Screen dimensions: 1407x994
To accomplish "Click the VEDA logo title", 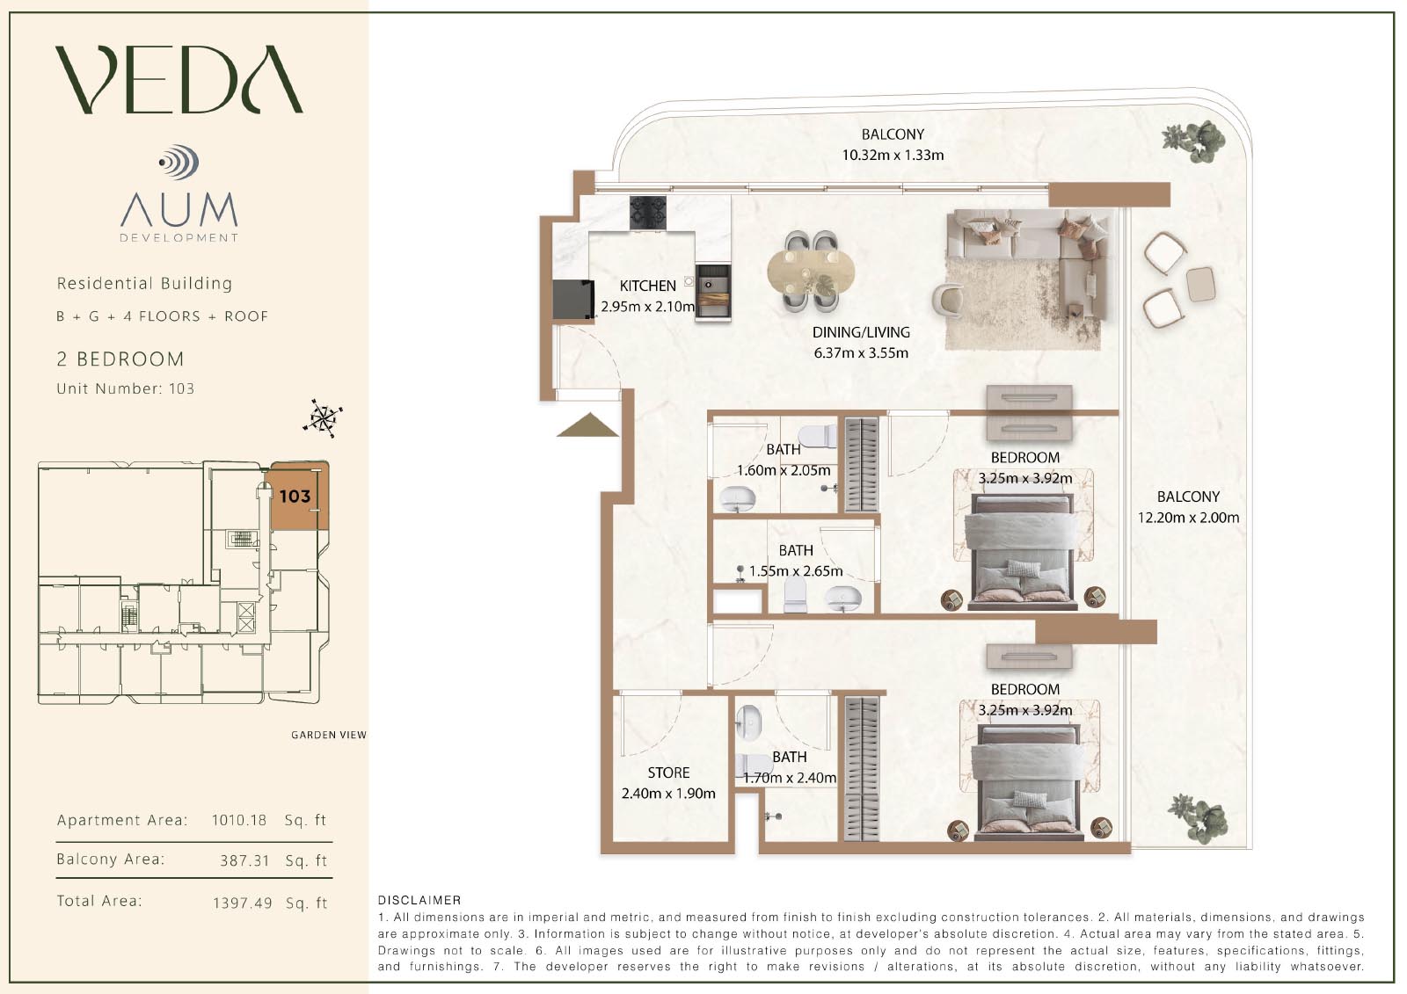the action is [x=179, y=79].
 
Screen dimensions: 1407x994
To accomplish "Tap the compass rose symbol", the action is [x=323, y=418].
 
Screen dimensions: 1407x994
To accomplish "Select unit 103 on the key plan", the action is [x=295, y=496].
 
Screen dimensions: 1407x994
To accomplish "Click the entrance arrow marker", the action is [x=587, y=424].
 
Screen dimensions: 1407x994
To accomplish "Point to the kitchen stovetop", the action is [x=647, y=213].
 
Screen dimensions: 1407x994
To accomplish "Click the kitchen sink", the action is [x=712, y=293].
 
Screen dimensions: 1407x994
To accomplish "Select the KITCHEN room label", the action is [x=647, y=286].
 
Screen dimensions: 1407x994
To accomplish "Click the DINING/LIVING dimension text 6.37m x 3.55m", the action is [x=861, y=353].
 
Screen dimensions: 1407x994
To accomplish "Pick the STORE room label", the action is [x=668, y=773].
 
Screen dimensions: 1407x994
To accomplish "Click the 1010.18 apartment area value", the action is [x=238, y=820].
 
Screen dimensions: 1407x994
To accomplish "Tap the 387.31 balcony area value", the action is [x=244, y=860].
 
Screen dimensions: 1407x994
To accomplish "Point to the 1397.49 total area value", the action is [x=243, y=903].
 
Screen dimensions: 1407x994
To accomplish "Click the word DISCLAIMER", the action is [x=419, y=901].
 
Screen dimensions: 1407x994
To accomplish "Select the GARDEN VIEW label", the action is [x=329, y=735].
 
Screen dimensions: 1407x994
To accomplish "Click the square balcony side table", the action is [x=1200, y=285].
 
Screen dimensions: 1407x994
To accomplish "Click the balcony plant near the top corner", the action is [x=1192, y=141].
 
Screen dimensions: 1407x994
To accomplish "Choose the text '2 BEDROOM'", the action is [x=120, y=359].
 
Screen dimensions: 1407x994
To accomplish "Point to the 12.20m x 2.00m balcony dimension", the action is [x=1188, y=518].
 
